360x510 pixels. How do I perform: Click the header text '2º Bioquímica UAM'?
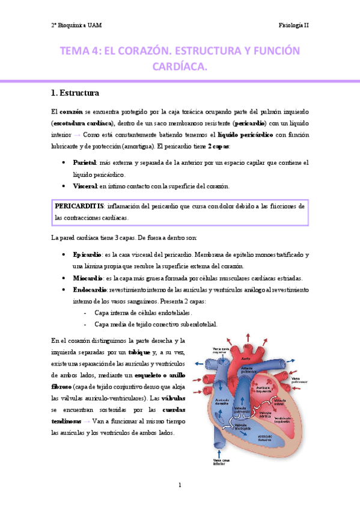click(x=76, y=25)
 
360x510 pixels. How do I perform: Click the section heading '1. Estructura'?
click(x=76, y=93)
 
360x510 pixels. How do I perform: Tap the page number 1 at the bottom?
click(x=180, y=485)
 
